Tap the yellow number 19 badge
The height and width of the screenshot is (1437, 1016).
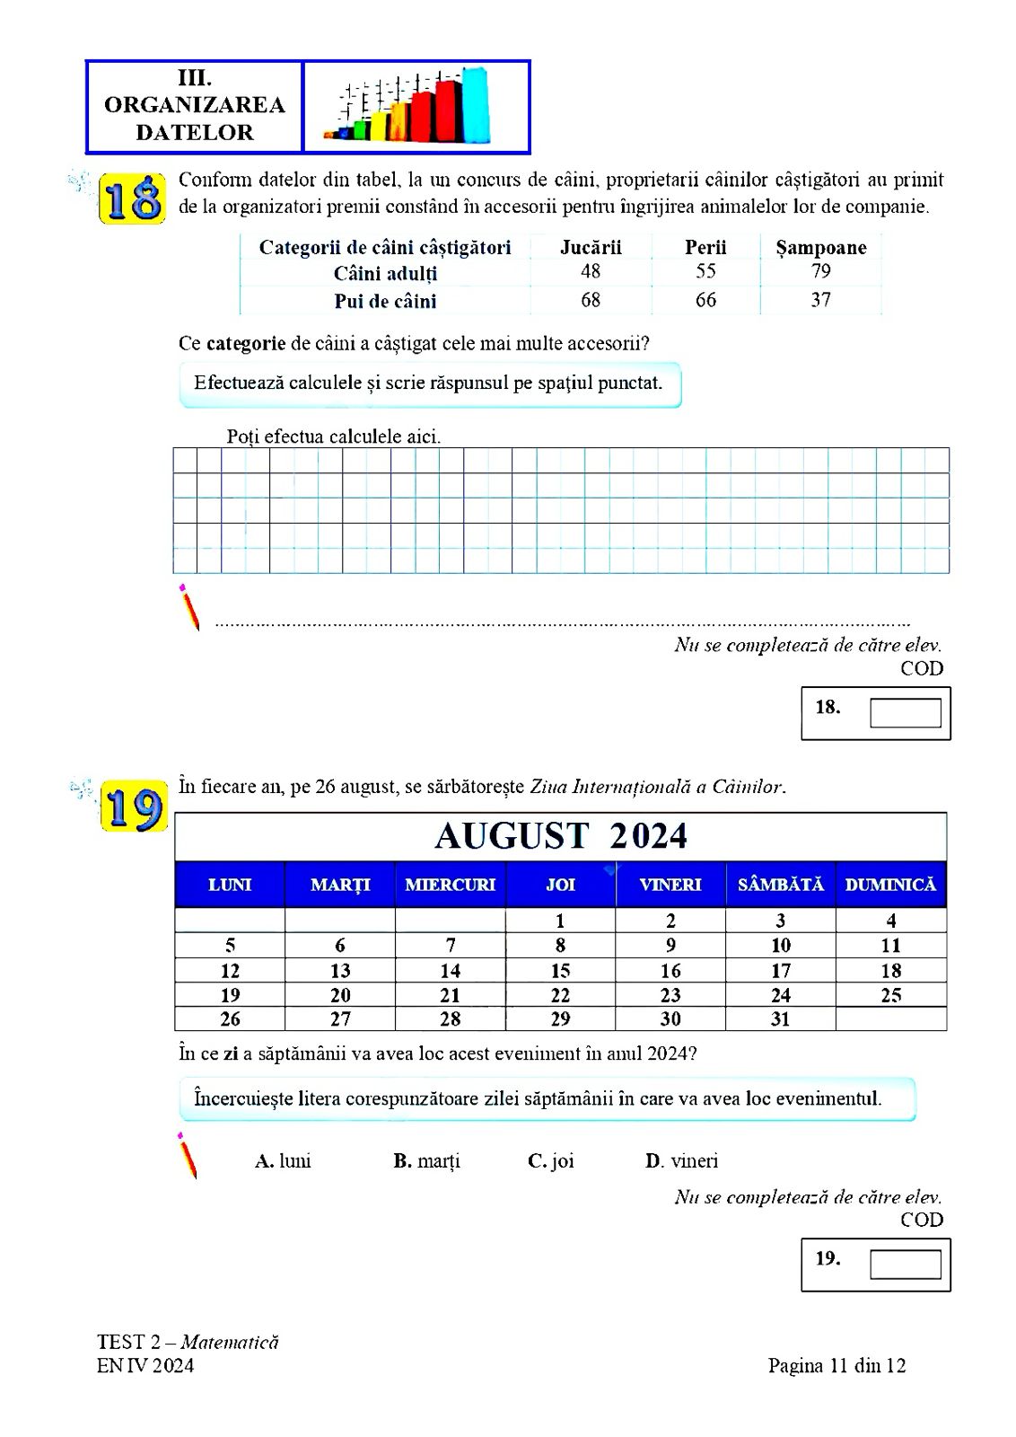click(x=133, y=808)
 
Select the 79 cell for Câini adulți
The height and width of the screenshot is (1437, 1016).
click(x=820, y=272)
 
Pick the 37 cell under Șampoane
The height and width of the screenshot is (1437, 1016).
click(x=820, y=300)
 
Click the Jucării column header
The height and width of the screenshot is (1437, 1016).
click(x=591, y=247)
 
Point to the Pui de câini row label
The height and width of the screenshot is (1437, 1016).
click(x=385, y=301)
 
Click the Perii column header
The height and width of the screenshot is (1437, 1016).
click(x=705, y=247)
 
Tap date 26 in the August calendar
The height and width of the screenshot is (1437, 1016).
click(x=230, y=1019)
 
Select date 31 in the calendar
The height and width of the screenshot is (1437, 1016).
click(x=781, y=1019)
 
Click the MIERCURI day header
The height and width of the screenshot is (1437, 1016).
click(x=451, y=885)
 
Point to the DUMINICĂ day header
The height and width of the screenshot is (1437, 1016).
click(x=890, y=885)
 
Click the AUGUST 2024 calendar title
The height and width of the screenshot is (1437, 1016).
click(x=561, y=836)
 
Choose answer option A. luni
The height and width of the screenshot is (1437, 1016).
click(x=283, y=1160)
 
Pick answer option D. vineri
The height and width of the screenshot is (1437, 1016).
click(x=681, y=1160)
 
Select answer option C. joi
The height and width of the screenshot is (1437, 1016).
click(x=551, y=1160)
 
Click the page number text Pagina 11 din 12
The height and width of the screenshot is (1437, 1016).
click(x=836, y=1366)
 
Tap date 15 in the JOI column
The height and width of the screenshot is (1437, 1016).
click(x=561, y=971)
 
